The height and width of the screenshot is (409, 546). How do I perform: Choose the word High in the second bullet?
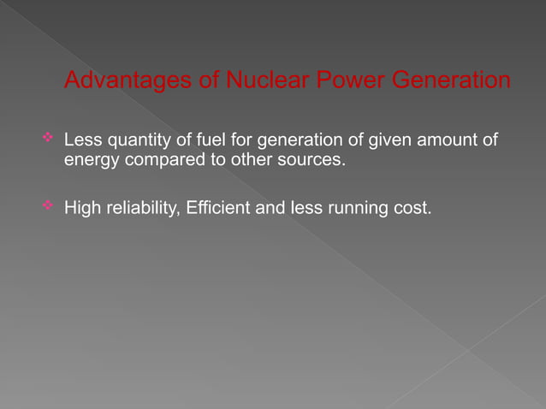[82, 208]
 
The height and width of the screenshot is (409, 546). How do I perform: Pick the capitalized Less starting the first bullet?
[82, 140]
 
